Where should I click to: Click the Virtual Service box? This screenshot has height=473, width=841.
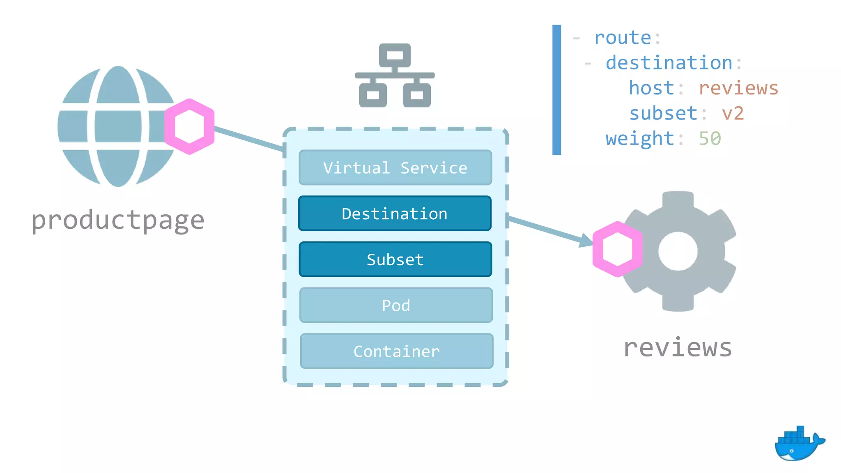pos(395,168)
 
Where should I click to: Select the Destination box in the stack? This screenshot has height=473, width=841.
pos(395,214)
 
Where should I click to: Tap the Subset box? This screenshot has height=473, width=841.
pos(395,259)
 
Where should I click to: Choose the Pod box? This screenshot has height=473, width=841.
pos(396,305)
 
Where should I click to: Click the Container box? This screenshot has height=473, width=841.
pos(396,351)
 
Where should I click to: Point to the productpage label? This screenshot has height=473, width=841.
pos(118,220)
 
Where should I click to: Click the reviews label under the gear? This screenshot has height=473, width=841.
pos(678,348)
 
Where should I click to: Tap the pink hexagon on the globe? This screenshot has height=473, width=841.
pos(189,126)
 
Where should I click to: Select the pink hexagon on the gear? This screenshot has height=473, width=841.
pos(617,249)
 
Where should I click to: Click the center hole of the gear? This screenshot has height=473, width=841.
pos(678,251)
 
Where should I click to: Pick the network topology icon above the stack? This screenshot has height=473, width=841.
pos(395,76)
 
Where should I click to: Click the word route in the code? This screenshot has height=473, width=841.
pos(623,38)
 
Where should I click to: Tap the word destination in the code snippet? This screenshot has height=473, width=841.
pos(669,63)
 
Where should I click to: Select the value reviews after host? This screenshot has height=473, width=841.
pos(738,88)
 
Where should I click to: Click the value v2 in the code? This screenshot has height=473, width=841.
pos(733,113)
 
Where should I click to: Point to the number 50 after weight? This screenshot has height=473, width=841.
pos(710,139)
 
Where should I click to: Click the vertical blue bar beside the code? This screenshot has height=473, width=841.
pos(556,90)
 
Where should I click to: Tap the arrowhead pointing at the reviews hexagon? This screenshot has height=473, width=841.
pos(586,240)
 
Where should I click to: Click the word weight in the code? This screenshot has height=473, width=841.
pos(639,139)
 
